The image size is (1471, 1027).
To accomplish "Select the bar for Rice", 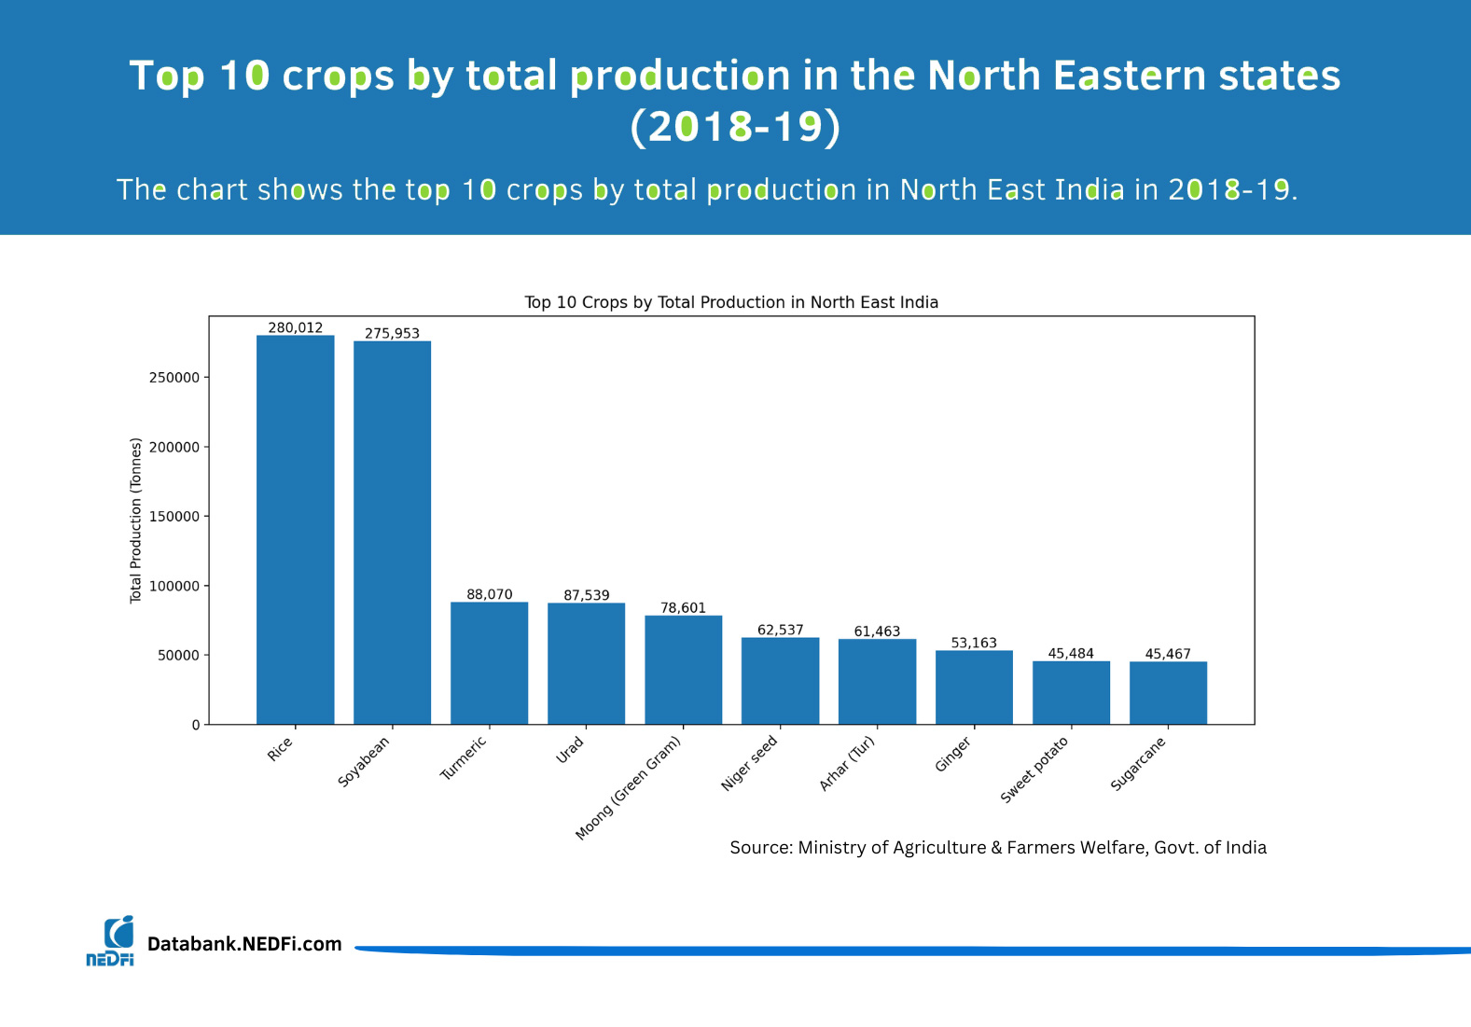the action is [x=295, y=530].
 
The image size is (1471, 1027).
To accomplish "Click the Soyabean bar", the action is [x=392, y=533].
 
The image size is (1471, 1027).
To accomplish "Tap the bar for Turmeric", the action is [x=489, y=663].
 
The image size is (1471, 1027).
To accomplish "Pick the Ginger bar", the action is [x=974, y=687].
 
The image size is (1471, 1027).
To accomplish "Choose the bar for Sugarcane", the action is [x=1168, y=693].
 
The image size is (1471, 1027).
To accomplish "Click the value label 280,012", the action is [x=296, y=327].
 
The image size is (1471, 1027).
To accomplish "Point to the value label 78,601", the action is [x=683, y=607].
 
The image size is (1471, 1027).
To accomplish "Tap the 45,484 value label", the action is [x=1071, y=653].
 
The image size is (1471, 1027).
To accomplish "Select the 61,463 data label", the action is [x=877, y=631].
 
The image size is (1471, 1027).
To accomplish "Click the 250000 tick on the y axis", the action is [x=174, y=378].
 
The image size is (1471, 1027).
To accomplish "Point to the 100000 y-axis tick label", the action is [x=174, y=586].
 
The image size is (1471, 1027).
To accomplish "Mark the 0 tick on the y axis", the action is [x=196, y=725].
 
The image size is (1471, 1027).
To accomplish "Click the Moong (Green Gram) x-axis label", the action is [x=628, y=788].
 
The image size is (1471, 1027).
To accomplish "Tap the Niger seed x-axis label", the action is [x=749, y=763].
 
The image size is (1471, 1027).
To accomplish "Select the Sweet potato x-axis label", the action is [x=1034, y=769].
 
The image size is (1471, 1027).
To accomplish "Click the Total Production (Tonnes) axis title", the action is [x=135, y=520].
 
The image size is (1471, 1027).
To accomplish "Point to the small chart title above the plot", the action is [x=731, y=302].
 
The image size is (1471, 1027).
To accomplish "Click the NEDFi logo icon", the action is [x=110, y=940].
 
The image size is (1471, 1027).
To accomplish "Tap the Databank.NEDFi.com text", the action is [x=244, y=944].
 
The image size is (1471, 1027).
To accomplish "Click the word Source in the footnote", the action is [x=760, y=847].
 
